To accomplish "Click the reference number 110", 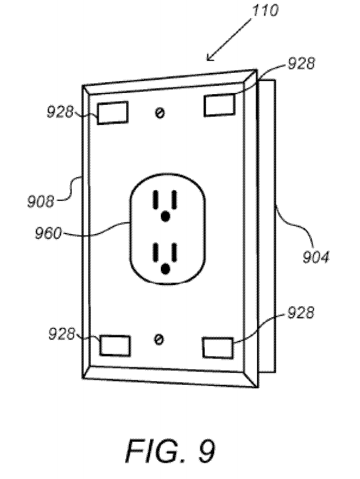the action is click(265, 10).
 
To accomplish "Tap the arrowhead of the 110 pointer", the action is click(210, 57).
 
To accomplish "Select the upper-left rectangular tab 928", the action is click(112, 113).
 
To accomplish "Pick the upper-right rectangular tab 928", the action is click(219, 105).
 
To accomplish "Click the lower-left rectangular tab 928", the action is click(115, 345).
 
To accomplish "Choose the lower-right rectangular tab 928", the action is click(218, 348).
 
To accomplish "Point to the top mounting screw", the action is click(159, 113).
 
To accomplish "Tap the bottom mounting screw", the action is click(158, 339).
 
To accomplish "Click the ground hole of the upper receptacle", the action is click(165, 217).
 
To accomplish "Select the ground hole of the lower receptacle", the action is click(165, 269).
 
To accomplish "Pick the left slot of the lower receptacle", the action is click(156, 251).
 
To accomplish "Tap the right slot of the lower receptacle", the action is click(174, 251).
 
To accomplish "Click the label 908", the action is click(40, 202).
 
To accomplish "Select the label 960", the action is click(48, 234).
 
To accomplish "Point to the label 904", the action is click(316, 257).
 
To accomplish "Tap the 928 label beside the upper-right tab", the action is click(301, 63).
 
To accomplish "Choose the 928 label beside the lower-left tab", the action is click(62, 334).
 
